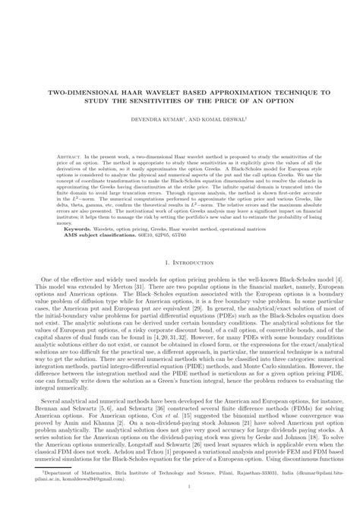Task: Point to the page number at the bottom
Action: (180, 501)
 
